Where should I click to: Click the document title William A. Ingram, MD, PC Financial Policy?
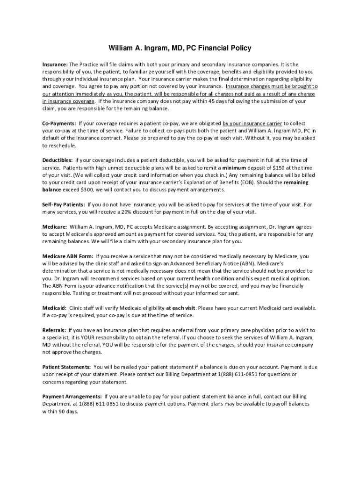pos(180,48)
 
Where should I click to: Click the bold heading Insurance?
pos(55,64)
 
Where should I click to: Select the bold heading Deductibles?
pos(57,160)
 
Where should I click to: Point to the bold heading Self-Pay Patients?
pos(64,204)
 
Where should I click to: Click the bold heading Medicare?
pos(54,226)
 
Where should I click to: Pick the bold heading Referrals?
pos(54,330)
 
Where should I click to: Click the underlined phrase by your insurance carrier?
pos(252,123)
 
